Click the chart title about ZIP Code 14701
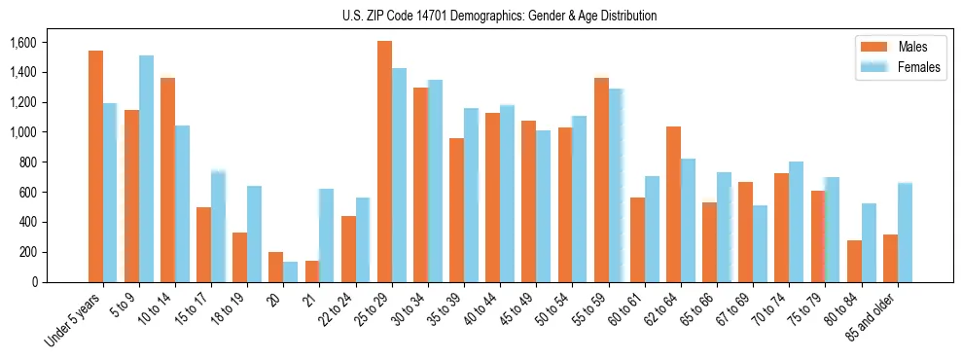(500, 16)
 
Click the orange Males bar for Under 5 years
(95, 166)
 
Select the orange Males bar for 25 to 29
(384, 162)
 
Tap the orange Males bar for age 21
(312, 271)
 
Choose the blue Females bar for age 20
(291, 271)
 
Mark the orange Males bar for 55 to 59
(601, 180)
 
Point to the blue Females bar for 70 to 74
(797, 222)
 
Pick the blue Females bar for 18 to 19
(254, 234)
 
